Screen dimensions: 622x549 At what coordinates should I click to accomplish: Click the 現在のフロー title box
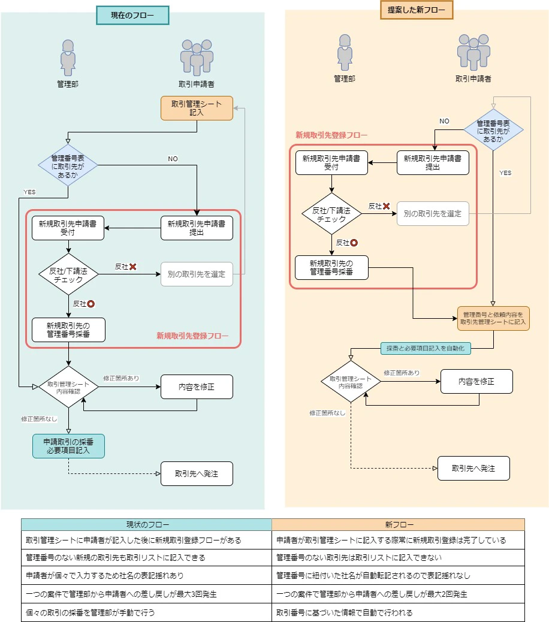coord(132,16)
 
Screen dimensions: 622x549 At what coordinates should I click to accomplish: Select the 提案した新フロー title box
coord(417,10)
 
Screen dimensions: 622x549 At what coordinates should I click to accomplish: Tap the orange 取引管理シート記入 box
coord(197,108)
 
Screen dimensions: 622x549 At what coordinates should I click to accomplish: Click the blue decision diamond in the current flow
coord(68,165)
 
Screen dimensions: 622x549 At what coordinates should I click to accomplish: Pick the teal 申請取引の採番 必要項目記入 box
coord(68,446)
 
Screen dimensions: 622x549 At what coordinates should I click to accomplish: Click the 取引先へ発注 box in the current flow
coord(197,473)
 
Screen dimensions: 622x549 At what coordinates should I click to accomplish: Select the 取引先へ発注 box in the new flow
coord(473,468)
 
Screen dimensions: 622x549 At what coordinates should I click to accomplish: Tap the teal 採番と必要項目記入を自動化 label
coord(426,348)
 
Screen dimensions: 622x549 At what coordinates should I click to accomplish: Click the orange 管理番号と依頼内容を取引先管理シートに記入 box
coord(493,319)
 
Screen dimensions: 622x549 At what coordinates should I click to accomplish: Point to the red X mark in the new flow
coord(387,206)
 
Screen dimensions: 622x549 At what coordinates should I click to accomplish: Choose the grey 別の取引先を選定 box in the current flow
coord(197,274)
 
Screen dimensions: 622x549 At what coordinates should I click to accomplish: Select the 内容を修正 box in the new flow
coord(476,381)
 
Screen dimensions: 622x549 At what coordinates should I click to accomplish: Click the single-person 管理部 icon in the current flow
coord(68,58)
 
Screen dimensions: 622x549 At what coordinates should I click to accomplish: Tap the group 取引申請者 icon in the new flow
coord(473,52)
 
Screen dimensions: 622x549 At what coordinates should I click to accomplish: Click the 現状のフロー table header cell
coord(146,524)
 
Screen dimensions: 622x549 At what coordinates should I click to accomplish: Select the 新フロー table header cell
coord(398,524)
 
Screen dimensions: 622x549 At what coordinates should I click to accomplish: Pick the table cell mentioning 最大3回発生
coord(146,594)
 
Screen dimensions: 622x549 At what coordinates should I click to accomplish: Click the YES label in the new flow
coord(505,173)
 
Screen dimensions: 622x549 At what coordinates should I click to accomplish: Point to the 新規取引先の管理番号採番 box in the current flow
coord(68,330)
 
